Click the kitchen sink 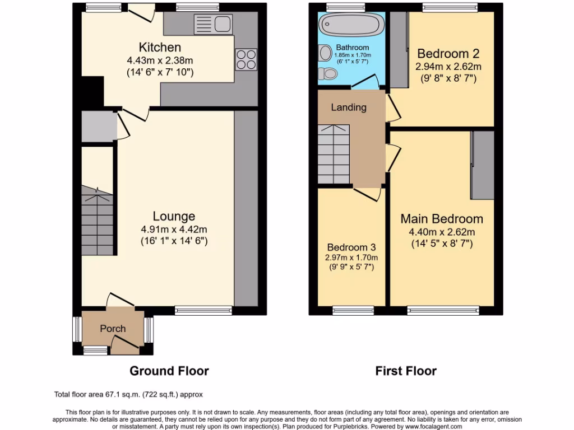pos(213,24)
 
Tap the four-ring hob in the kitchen pos(245,59)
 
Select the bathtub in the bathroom pos(351,26)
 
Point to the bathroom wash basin pos(325,53)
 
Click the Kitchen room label pos(160,47)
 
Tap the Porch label pos(113,329)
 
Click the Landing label pos(348,107)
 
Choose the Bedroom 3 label pos(351,247)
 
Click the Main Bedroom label pos(442,219)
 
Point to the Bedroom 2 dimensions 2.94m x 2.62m pos(448,67)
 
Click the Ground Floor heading pos(169,371)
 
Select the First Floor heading pos(406,371)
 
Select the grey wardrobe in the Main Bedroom pos(482,165)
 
